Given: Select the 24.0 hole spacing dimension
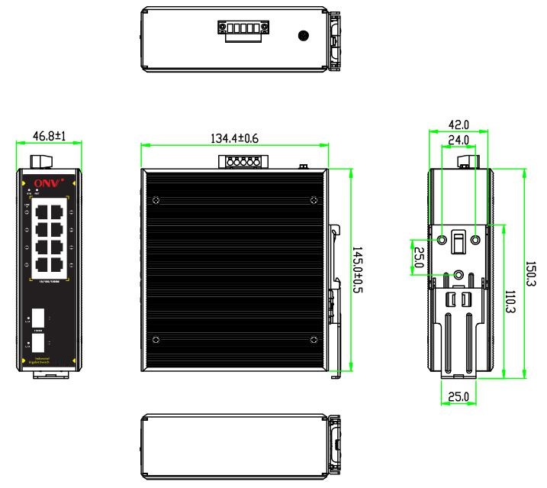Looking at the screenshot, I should [x=458, y=141].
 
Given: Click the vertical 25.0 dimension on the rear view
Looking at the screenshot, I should [x=419, y=257].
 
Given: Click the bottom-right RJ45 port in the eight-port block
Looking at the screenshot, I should [x=56, y=265].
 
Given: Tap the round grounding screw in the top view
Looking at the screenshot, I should [x=303, y=35].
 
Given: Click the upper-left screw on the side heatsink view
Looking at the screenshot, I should [x=156, y=201].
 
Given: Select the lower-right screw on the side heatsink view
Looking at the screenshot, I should [x=313, y=338].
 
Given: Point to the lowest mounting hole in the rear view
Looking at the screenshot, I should [x=459, y=275].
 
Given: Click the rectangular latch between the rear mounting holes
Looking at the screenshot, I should [x=459, y=242].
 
